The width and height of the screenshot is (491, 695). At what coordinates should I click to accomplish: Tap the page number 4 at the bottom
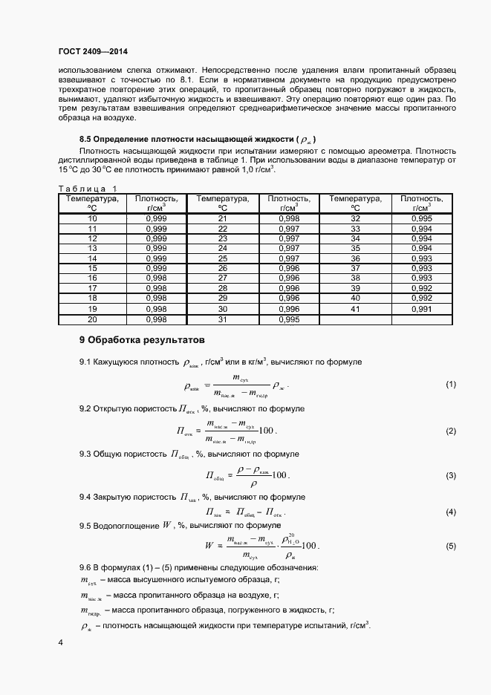60,642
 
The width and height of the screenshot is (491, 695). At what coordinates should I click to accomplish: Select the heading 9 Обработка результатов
141,340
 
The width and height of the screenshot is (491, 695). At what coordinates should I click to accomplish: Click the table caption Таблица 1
88,189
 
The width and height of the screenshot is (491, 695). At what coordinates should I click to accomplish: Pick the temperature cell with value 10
92,219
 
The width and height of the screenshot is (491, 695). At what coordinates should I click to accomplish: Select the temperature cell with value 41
355,308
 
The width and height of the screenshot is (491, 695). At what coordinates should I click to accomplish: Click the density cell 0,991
421,308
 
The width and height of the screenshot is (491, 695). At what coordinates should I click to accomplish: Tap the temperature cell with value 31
223,319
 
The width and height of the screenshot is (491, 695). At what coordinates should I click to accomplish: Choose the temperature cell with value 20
92,319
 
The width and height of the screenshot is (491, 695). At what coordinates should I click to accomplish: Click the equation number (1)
450,385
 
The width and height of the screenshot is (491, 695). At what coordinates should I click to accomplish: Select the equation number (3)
450,475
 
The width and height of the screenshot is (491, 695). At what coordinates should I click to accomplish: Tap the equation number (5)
450,546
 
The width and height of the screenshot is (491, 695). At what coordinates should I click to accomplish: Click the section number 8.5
86,139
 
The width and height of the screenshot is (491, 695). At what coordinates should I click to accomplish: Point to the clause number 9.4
85,496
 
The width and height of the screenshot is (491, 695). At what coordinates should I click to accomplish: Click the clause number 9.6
85,568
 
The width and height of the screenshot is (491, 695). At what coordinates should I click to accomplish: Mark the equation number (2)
450,431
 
